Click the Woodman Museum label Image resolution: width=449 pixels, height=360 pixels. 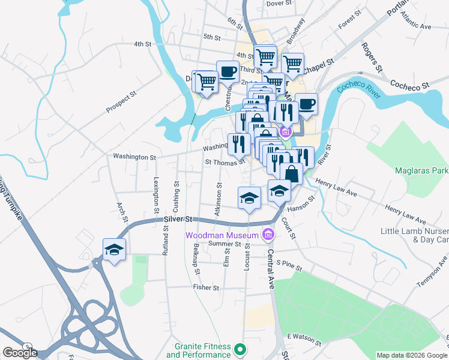click(222, 234)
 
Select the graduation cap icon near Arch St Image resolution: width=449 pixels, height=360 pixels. click(113, 250)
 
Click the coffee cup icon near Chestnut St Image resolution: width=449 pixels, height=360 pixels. click(228, 72)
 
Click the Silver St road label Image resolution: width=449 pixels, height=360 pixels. click(176, 220)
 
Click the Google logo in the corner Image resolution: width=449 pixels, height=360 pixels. click(20, 353)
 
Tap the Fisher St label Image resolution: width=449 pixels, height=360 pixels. click(206, 287)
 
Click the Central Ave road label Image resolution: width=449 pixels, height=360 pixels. click(271, 269)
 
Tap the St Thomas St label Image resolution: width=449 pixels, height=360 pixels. click(225, 161)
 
